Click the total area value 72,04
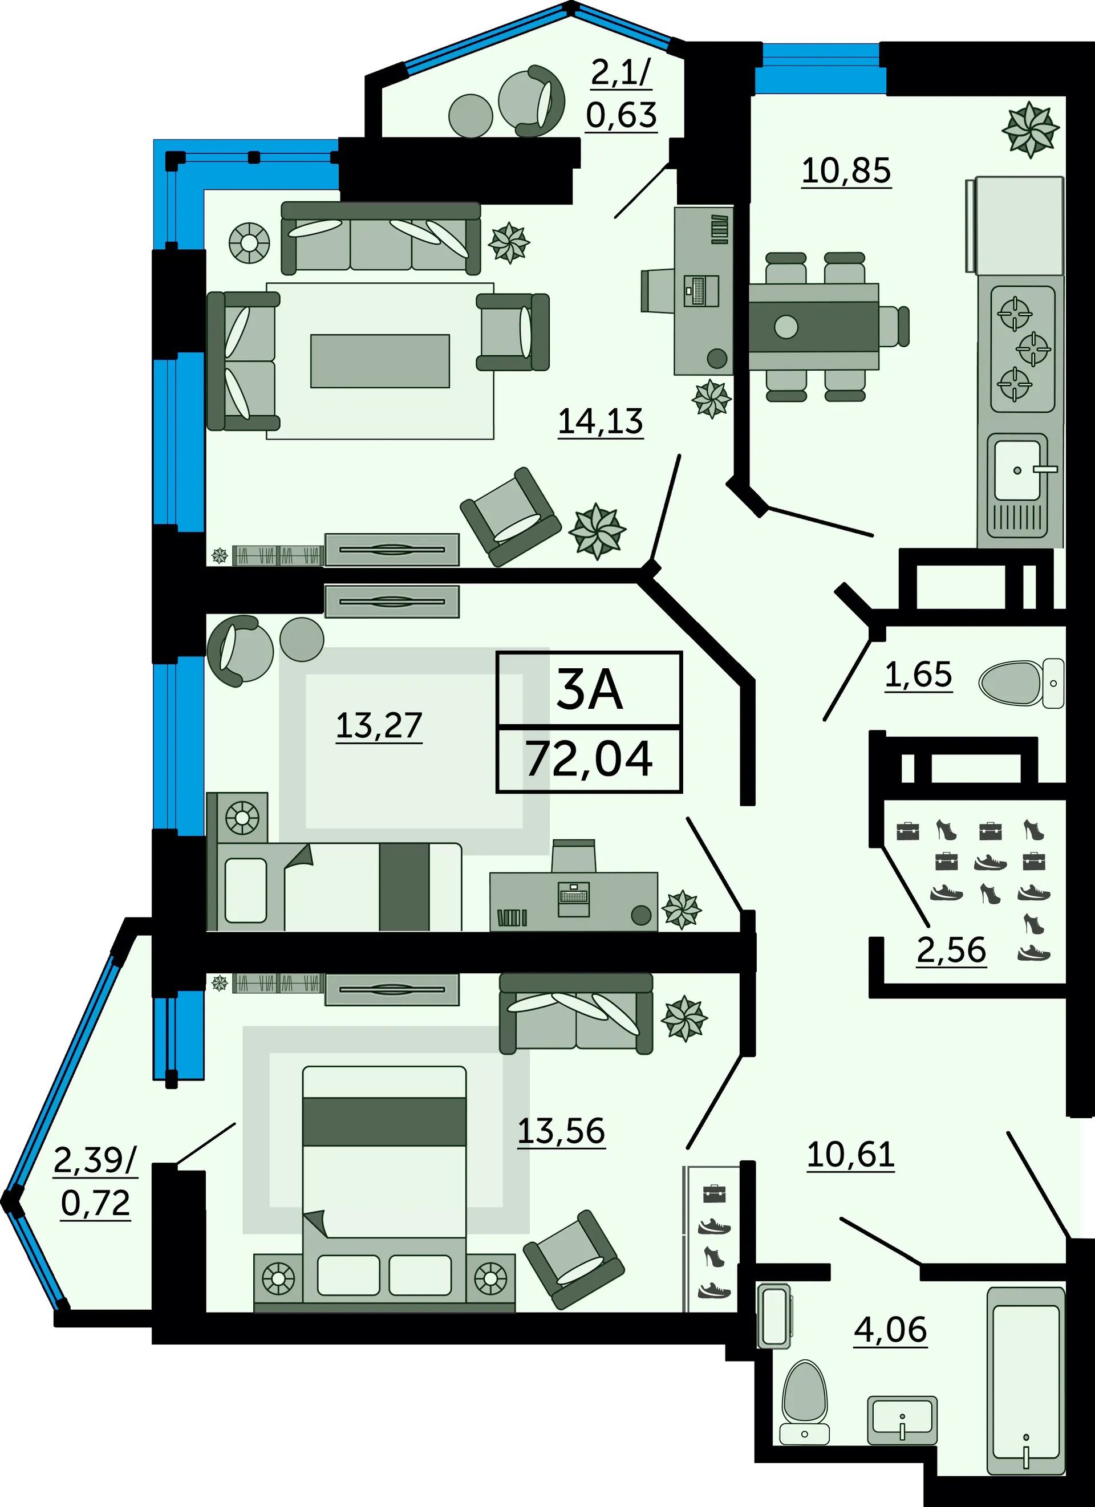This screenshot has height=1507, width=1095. pos(589,759)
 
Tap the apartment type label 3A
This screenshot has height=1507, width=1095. pos(589,690)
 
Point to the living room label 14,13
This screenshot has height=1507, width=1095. pos(600,421)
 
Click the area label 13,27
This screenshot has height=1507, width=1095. pos(379,726)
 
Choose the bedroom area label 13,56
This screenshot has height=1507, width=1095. pos(561,1131)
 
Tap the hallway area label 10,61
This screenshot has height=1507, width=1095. pos(850,1155)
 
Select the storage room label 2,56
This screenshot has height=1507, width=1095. pos(951,950)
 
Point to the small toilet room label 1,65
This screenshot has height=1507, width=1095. pos(918,675)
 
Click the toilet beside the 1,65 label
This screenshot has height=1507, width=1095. pos(1021,683)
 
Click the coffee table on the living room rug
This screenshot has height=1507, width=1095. pos(380,361)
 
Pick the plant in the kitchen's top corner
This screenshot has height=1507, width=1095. pos(1030,129)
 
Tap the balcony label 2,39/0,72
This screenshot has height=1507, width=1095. pos(95,1182)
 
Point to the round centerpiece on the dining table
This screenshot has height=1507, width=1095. pos(786,327)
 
